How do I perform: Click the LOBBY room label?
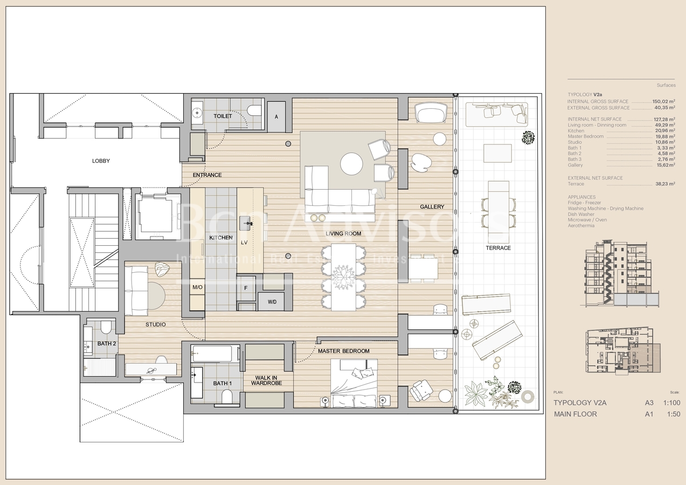point(101,161)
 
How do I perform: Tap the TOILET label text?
point(223,116)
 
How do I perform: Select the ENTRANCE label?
point(207,175)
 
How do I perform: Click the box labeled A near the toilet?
point(276,116)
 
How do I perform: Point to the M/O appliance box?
point(197,288)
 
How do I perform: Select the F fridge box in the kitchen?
point(246,288)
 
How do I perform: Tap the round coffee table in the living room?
point(351,164)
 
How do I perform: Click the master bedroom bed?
point(354,383)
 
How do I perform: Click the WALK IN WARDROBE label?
point(264,381)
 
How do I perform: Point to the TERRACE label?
point(498,248)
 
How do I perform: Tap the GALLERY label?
point(432,207)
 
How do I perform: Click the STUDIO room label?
point(155,324)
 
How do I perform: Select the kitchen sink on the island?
point(246,221)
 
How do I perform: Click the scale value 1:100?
point(671,403)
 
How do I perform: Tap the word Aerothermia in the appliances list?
point(581,226)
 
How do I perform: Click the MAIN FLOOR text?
point(576,414)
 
